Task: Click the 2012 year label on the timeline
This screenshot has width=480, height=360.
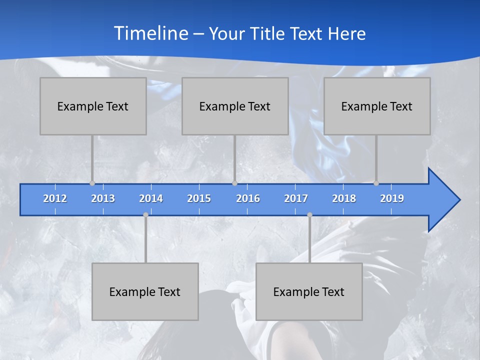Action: click(55, 198)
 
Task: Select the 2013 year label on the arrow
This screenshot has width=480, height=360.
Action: click(103, 198)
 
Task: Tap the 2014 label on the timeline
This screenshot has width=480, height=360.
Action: click(151, 198)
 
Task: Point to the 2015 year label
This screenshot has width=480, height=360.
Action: click(199, 198)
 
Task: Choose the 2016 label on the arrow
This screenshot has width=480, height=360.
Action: click(248, 198)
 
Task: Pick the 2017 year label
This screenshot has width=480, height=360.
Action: click(296, 198)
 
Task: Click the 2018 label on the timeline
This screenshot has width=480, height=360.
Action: click(344, 198)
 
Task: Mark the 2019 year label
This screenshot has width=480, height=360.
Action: click(392, 198)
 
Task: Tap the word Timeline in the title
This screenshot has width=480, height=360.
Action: click(150, 33)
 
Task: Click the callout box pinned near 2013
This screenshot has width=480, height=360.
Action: click(93, 106)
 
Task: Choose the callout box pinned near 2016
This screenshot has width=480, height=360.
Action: click(235, 106)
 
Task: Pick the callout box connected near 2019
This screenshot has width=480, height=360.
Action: click(377, 106)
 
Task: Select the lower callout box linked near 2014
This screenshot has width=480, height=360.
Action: click(145, 291)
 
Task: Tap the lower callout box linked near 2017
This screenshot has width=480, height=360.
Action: click(309, 291)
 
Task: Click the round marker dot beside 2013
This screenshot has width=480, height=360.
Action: click(92, 183)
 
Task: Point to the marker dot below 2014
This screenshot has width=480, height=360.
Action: click(145, 214)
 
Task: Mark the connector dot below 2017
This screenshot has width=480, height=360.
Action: click(309, 214)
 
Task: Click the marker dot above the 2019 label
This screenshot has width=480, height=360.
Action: click(376, 183)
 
